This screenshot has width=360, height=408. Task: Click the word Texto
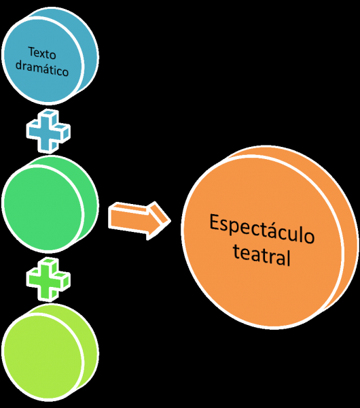[42, 53]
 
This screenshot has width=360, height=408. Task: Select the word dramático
[42, 69]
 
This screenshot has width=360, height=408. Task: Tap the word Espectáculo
[262, 229]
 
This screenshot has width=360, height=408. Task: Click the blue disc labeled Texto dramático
[50, 56]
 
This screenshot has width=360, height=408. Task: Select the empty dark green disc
[50, 204]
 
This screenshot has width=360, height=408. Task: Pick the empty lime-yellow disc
[50, 352]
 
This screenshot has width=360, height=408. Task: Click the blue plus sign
[48, 131]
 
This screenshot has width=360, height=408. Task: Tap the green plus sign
[48, 279]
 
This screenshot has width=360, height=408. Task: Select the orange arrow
[139, 220]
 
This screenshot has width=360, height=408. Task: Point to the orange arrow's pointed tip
[170, 221]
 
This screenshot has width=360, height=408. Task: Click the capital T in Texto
[31, 52]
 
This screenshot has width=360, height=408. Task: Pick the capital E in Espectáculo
[214, 222]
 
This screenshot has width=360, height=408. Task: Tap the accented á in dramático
[44, 69]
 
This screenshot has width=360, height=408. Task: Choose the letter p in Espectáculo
[235, 227]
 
